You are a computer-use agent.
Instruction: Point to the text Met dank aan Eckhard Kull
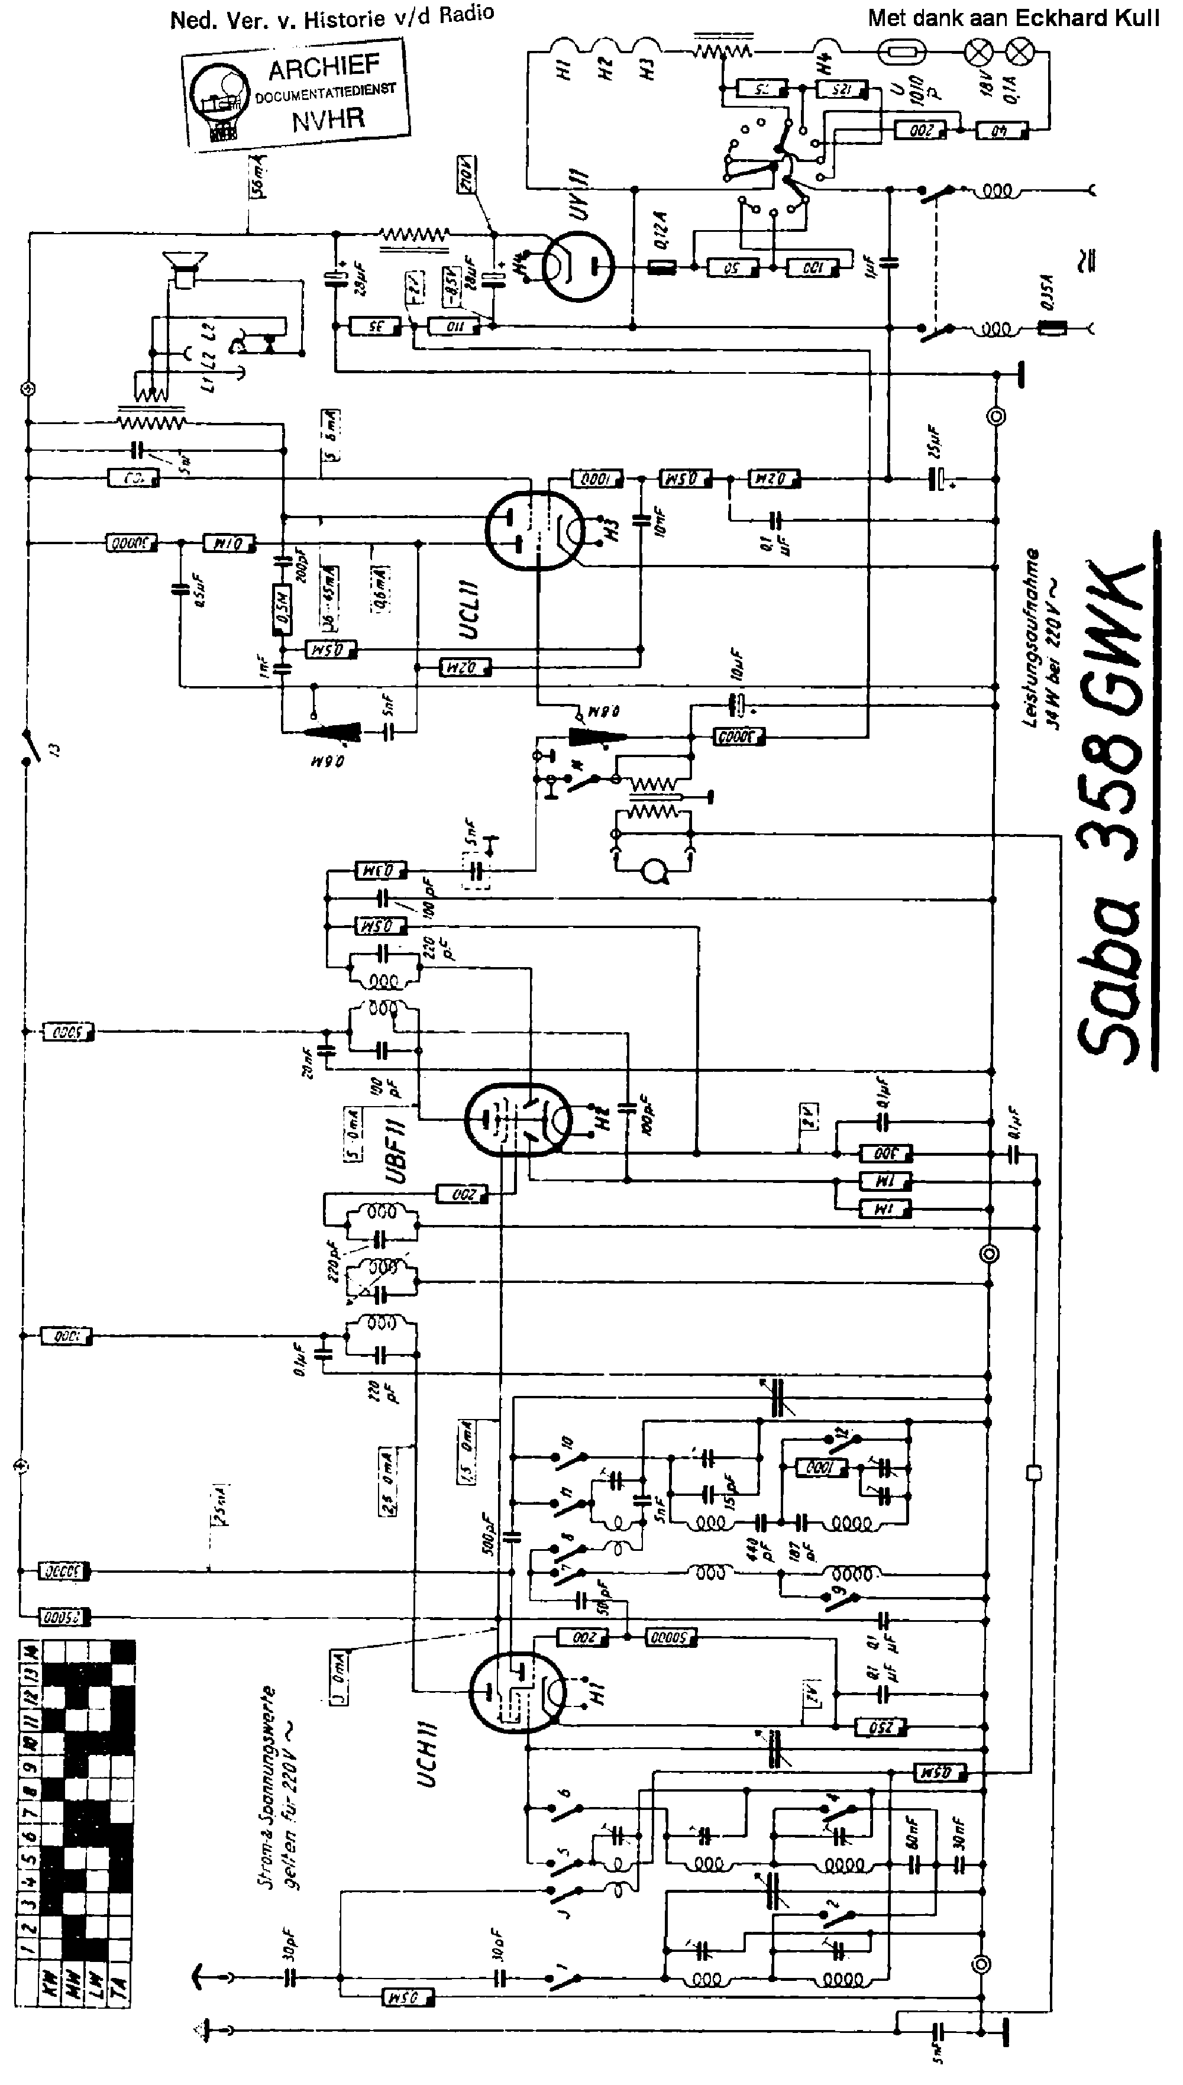click(x=1013, y=18)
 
